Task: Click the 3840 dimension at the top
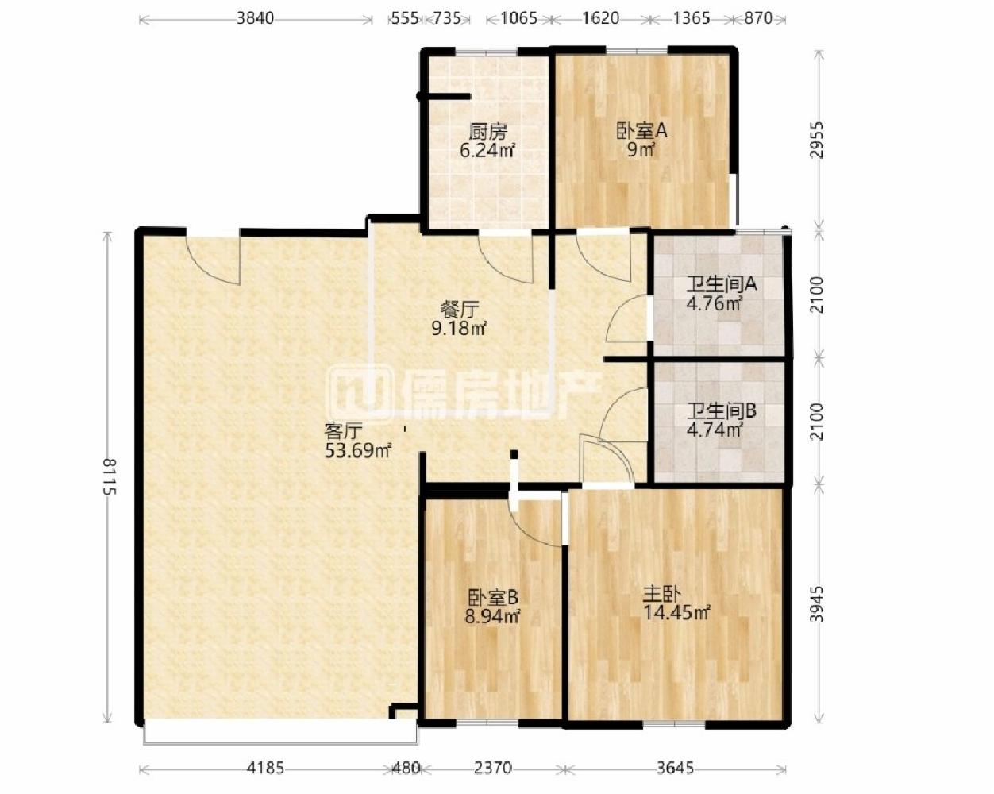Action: pos(256,18)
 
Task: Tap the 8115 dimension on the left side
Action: pos(110,476)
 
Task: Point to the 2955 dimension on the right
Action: pos(817,140)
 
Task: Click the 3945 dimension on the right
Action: pos(817,604)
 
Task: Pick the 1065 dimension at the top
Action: pos(519,18)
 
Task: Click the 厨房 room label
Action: pos(487,133)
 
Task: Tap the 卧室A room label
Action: pos(642,132)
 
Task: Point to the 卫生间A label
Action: pos(722,284)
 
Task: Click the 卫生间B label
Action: pos(722,410)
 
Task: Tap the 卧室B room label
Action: pos(493,598)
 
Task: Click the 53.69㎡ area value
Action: pos(358,450)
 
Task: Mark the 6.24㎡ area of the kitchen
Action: pos(487,151)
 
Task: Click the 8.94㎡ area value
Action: pos(492,617)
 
